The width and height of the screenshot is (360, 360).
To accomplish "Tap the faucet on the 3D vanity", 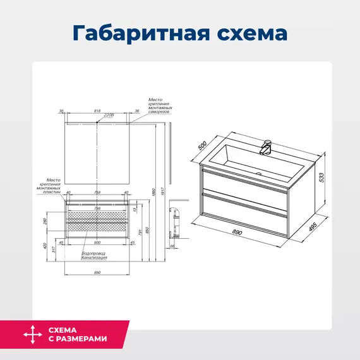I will pos(267,148).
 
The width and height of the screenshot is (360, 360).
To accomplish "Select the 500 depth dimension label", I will pos(202,145).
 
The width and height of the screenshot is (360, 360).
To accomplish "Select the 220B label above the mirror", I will pos(109,116).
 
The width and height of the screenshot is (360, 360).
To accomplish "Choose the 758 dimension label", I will pos(97,193).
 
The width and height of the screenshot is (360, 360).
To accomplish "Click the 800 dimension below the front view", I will pos(97,242).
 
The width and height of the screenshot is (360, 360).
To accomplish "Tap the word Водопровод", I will pos(92,253).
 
